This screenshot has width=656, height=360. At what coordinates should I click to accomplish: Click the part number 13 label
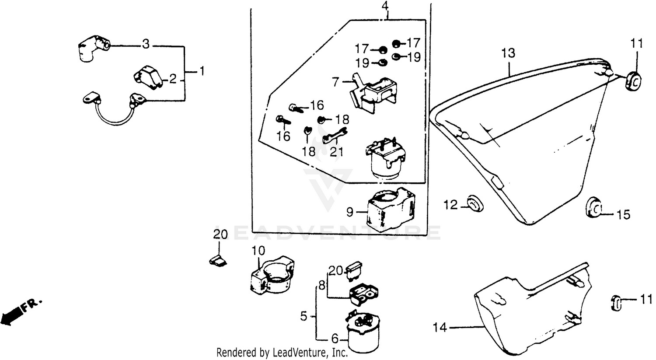pos(508,54)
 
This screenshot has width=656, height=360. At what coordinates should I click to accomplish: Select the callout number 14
pos(440,327)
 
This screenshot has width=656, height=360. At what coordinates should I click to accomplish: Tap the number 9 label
pos(349,213)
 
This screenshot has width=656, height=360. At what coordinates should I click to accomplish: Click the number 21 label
pos(337,152)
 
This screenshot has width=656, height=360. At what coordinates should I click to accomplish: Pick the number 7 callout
pos(335,82)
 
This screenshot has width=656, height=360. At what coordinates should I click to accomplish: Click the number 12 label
pos(450,204)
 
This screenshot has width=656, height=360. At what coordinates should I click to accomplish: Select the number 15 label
pos(624,215)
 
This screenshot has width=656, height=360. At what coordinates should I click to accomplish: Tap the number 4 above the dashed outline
pos(385,7)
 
